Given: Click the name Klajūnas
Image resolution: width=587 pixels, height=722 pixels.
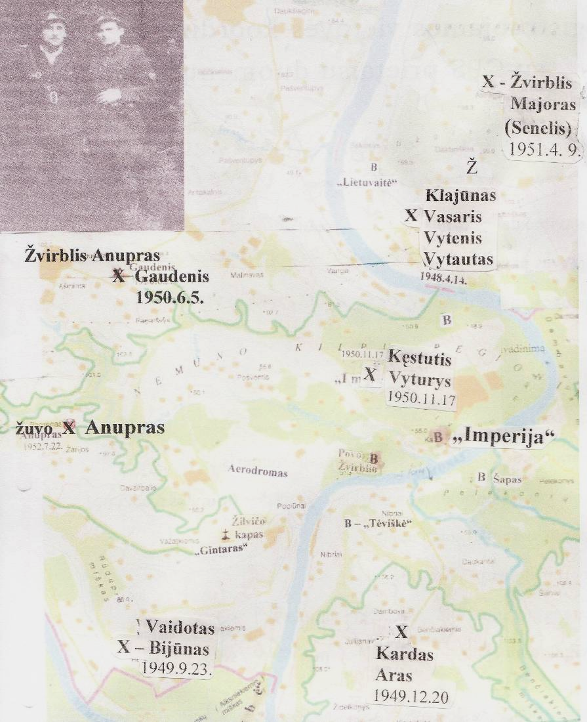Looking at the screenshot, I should (460, 196).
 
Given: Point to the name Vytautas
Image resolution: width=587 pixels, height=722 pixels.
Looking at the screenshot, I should (458, 259).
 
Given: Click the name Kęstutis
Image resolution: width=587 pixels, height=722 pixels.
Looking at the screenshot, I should (420, 359).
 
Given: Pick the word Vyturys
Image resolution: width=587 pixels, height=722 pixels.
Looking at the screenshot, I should (419, 379).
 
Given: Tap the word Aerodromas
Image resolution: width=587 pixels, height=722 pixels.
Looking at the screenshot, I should (257, 471).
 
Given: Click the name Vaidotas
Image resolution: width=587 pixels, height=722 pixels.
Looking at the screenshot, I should (180, 627).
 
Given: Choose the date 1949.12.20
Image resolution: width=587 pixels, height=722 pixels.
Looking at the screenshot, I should (411, 696).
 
